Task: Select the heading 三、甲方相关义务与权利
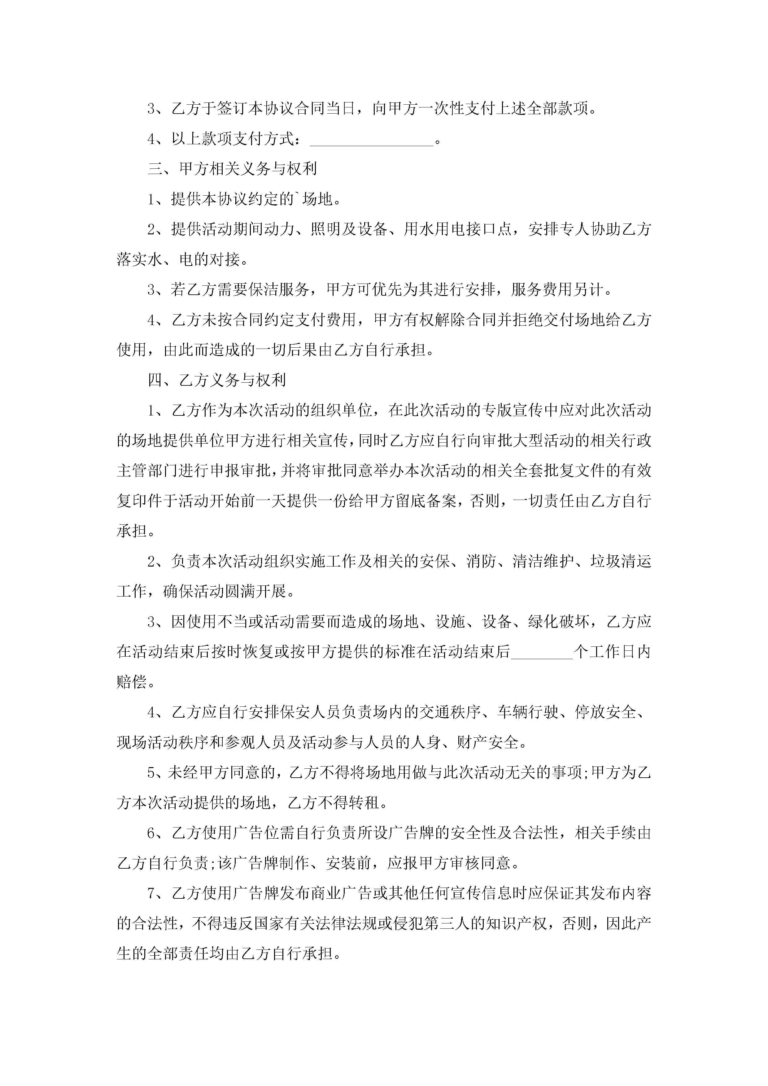click(x=232, y=169)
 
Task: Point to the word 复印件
click(x=140, y=501)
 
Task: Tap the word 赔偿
click(x=132, y=682)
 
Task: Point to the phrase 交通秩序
click(x=450, y=712)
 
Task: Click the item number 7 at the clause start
click(x=151, y=893)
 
